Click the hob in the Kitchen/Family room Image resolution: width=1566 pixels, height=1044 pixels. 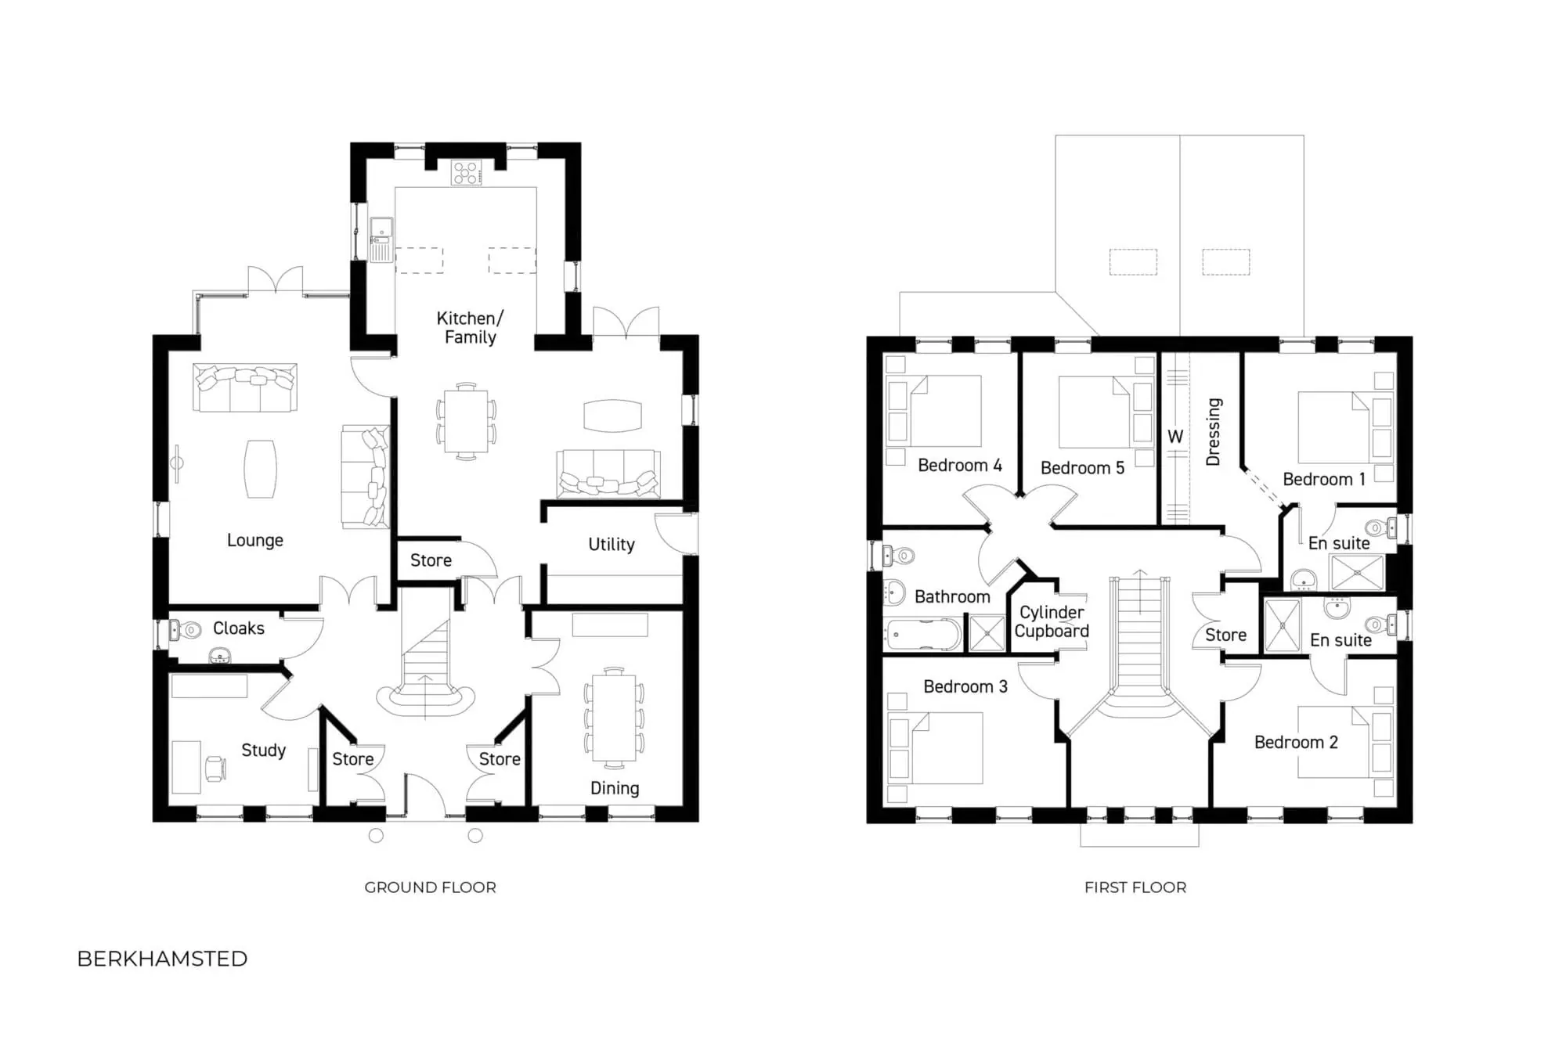tap(466, 173)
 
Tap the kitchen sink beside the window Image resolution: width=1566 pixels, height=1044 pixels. tap(381, 238)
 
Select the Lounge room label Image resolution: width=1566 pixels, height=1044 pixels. tap(254, 540)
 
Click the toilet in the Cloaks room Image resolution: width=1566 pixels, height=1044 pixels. tap(186, 629)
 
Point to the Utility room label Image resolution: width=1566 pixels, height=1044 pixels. tap(611, 545)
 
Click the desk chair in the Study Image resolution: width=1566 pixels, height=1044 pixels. tap(215, 768)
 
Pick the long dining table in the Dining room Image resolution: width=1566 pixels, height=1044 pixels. tap(614, 717)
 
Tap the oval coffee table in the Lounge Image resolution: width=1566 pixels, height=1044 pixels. tap(260, 469)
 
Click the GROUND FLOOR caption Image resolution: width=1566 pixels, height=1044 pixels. tap(430, 887)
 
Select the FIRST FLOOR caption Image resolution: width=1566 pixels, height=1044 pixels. tap(1135, 887)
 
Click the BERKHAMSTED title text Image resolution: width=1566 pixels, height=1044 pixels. tap(162, 959)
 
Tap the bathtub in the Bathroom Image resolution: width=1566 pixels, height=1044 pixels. tap(922, 635)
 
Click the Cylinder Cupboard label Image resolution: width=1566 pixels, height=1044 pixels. tap(1051, 622)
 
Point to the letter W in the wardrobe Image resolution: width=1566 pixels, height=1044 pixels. tap(1175, 437)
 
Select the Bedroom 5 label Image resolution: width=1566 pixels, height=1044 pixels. tap(1082, 468)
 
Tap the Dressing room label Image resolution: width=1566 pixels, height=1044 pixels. tap(1213, 432)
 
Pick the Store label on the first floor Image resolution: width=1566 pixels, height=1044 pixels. tap(1225, 635)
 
